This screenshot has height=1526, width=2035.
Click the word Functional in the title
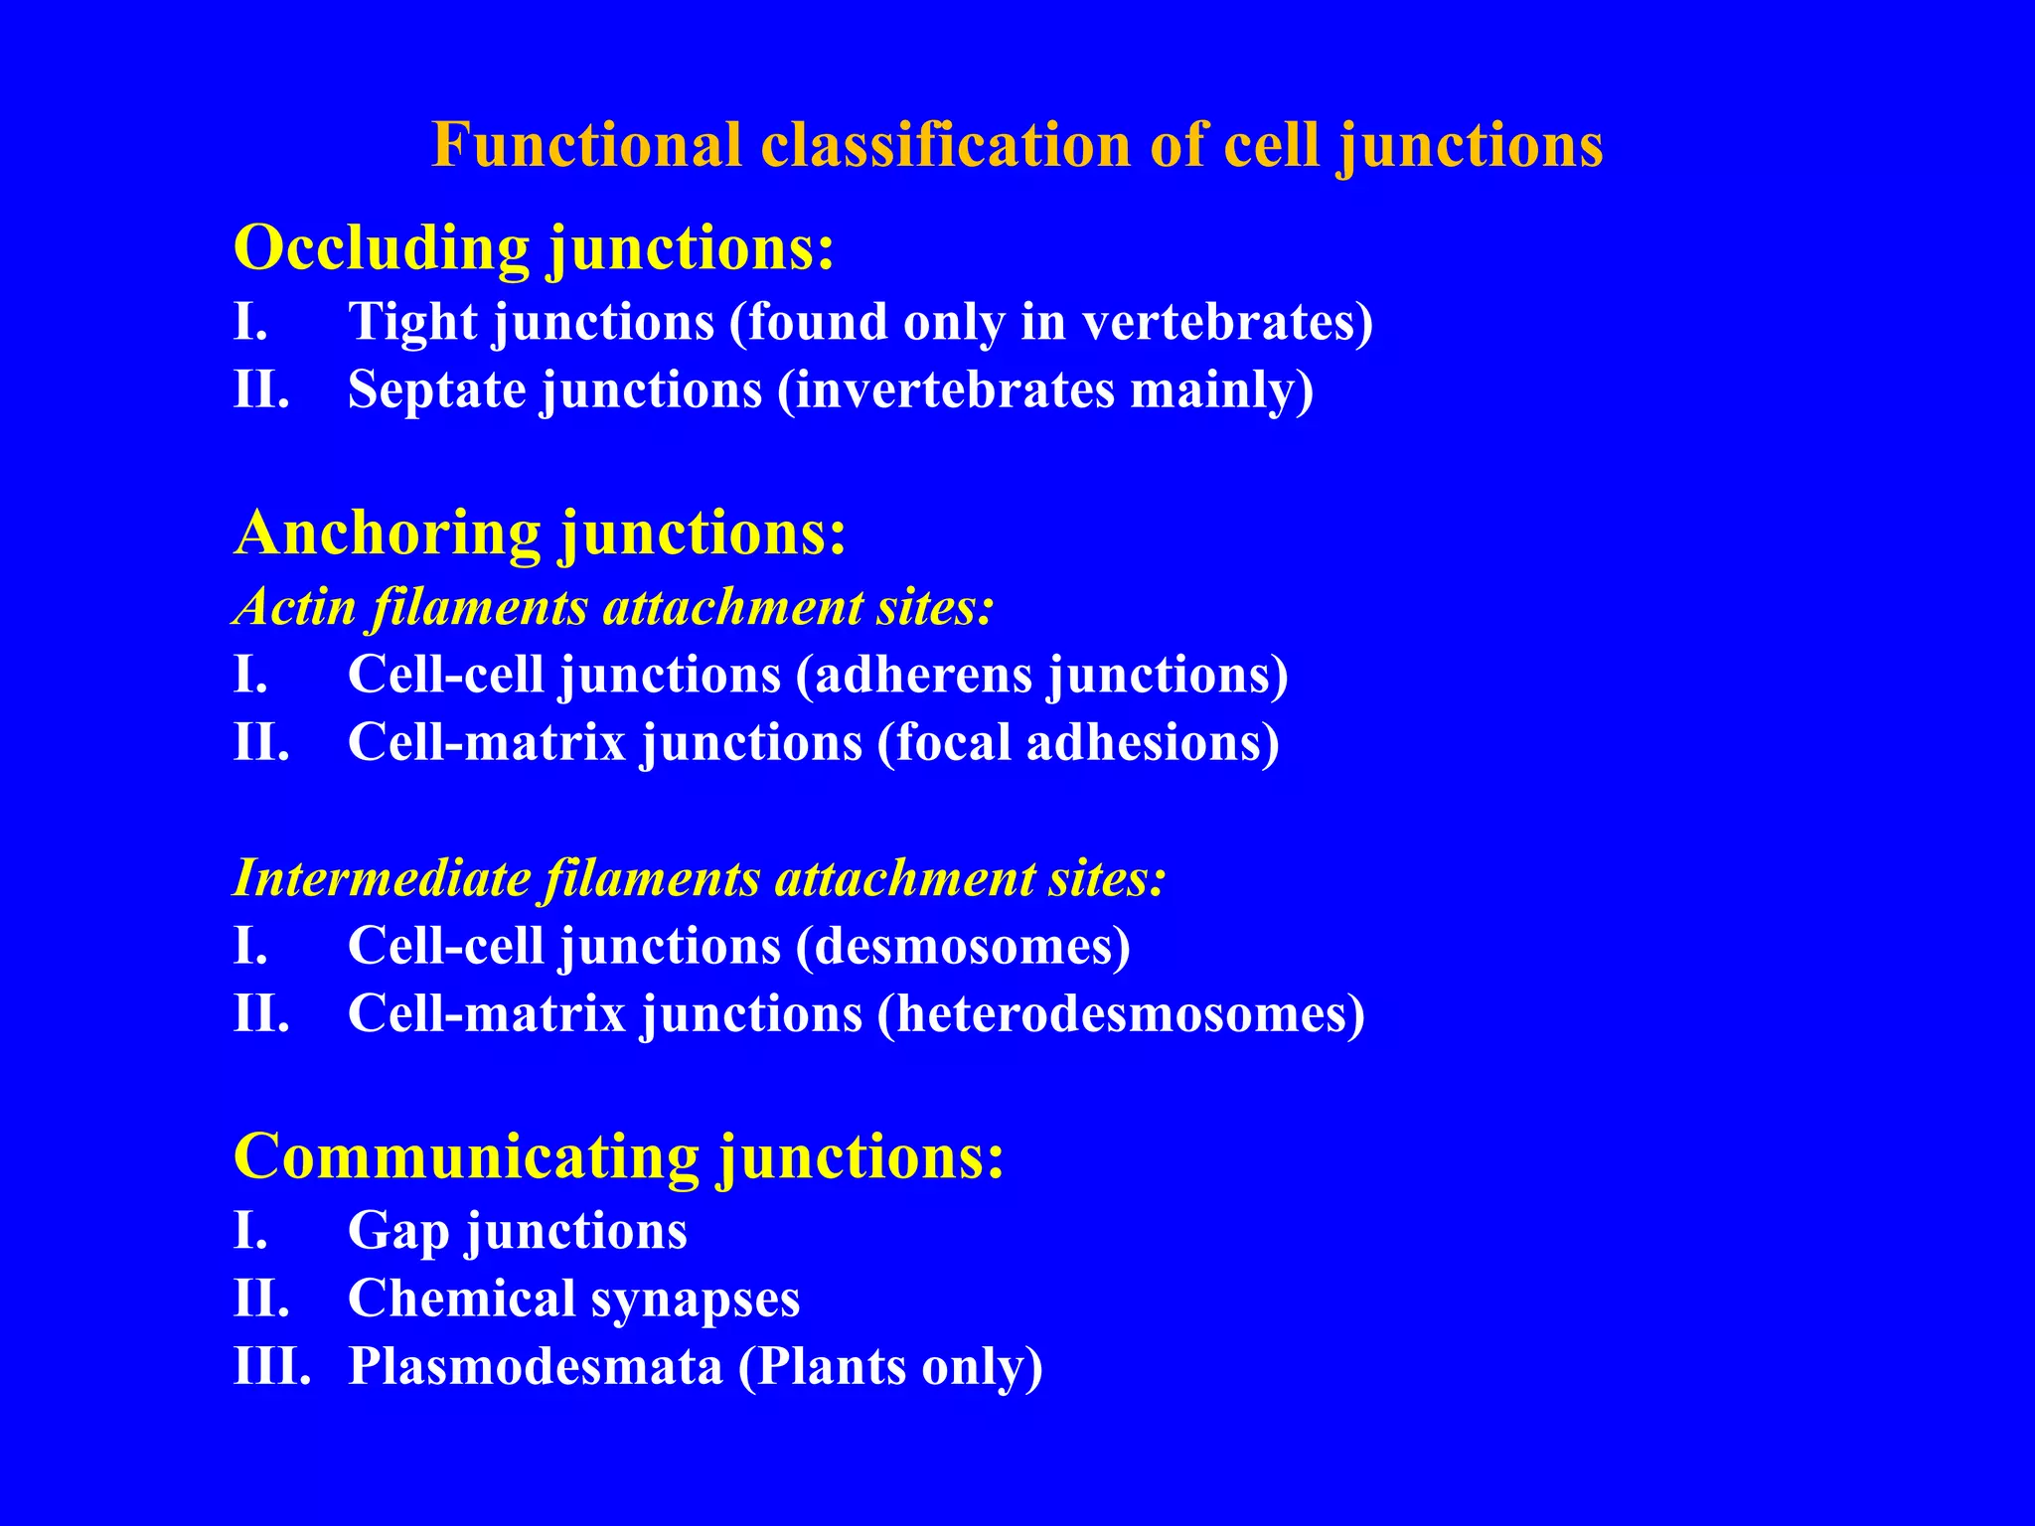point(586,145)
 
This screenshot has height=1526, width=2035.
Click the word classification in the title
point(945,145)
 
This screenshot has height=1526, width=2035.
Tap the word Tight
point(412,323)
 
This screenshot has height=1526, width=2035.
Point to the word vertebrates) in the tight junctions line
point(1227,323)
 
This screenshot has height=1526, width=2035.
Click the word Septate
point(436,389)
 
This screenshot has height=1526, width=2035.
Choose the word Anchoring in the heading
point(389,533)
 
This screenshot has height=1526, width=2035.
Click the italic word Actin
point(294,606)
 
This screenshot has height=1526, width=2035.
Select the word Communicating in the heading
point(467,1156)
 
